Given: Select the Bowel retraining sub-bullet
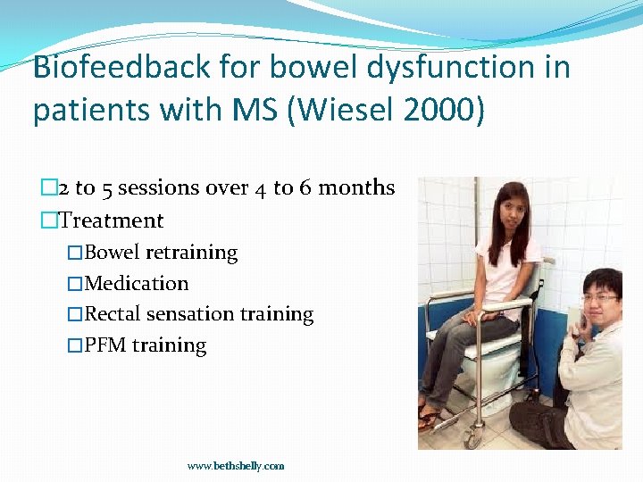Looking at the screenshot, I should pos(161,253).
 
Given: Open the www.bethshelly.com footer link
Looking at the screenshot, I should pos(236,466).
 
